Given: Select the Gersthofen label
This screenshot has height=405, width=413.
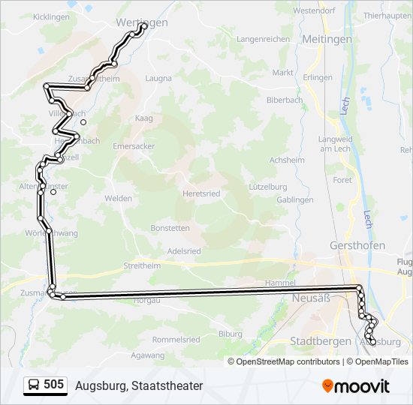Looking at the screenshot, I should coord(357,245).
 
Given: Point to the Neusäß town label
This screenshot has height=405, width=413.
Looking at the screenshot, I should coord(306,297).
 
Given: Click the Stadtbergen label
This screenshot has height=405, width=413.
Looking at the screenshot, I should coord(321,341).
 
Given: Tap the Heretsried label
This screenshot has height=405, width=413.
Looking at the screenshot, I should coord(201,193).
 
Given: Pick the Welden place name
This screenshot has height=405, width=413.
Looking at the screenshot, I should coord(119,198).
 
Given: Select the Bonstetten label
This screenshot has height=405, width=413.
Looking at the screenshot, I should coord(170,227).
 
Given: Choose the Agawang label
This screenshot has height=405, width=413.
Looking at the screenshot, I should coord(147,355).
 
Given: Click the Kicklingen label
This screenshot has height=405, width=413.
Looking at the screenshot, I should coord(52,16).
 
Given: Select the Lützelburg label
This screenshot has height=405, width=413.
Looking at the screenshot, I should coord(268,186).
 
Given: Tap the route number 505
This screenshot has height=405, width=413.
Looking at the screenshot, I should coord(53,385).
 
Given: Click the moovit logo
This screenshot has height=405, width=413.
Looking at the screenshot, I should coord(356,386).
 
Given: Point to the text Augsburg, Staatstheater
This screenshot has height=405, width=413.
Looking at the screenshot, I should coord(139,385).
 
